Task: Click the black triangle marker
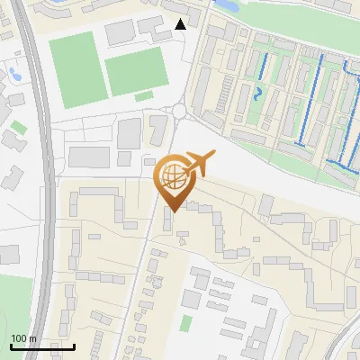pos(182,24)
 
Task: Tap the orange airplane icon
pos(199,163)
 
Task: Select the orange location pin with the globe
pos(173,181)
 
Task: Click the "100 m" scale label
pos(23,338)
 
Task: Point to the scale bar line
pos(42,346)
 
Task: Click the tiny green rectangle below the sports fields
pos(143,96)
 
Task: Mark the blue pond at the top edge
pos(226,5)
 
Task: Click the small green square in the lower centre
pos(186,322)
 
